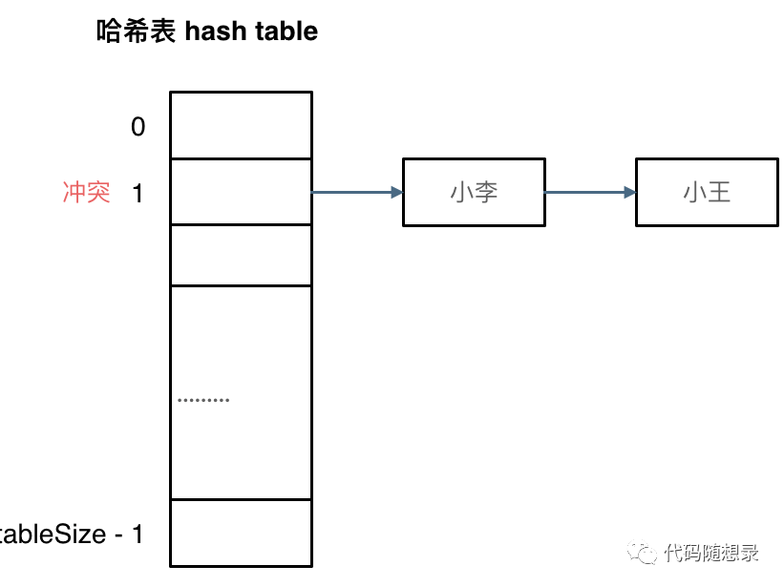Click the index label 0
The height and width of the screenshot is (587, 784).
(138, 127)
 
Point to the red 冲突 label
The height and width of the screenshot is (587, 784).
(87, 193)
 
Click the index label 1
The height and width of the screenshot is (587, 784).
(138, 193)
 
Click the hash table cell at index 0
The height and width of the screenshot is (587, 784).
(241, 125)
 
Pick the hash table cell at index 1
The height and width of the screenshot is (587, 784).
(241, 192)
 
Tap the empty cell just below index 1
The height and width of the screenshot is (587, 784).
(241, 255)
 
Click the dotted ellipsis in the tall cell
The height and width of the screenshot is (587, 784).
(203, 399)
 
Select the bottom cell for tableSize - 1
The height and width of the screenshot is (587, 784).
(241, 533)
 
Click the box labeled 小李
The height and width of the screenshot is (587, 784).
(474, 193)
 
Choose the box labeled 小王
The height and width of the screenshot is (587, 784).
(707, 193)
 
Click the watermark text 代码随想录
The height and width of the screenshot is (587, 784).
(711, 553)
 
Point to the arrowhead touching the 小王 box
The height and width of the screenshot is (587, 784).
(629, 193)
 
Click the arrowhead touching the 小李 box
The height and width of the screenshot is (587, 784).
(396, 193)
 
